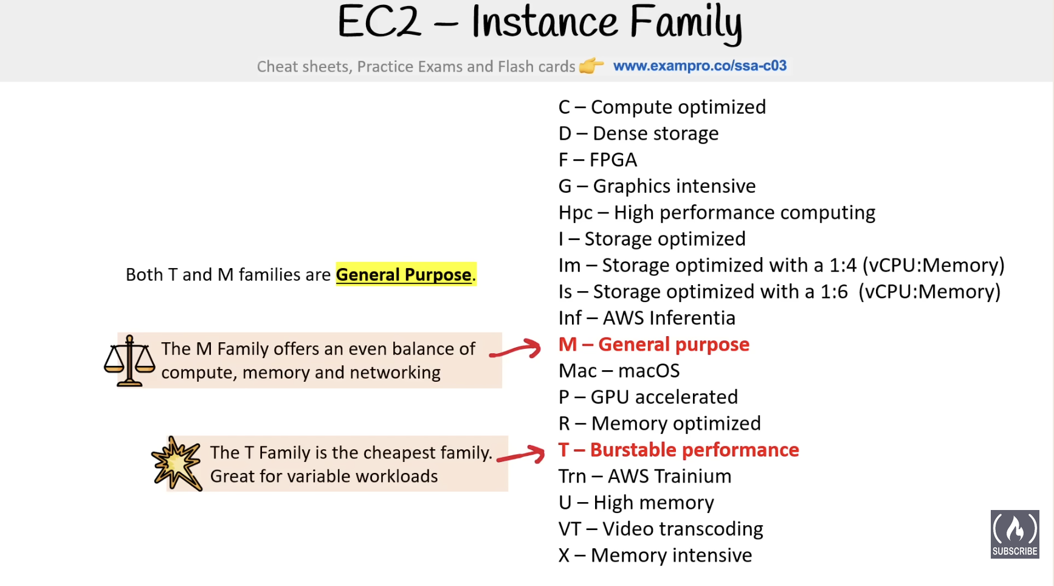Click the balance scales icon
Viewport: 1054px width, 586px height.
pos(129,360)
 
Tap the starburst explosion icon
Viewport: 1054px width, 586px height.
pos(177,464)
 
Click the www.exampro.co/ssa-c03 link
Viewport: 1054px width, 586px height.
pos(700,66)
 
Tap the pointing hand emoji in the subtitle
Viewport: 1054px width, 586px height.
pos(591,65)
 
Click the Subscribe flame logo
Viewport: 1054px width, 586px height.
pos(1014,534)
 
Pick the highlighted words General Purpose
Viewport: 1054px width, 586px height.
pos(404,275)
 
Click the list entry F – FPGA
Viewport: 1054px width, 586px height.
pos(598,160)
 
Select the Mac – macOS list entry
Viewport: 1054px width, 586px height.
pos(619,371)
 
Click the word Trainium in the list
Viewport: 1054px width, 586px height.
pos(696,476)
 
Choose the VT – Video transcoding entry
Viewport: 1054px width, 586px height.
pos(661,529)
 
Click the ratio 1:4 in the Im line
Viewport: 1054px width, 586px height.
pos(842,266)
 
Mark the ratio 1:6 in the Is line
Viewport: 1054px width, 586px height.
pos(834,292)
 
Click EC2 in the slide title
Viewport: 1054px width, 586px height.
pos(379,22)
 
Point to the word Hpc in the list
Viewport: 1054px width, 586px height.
pos(576,213)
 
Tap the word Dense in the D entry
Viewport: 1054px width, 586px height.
pos(619,134)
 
